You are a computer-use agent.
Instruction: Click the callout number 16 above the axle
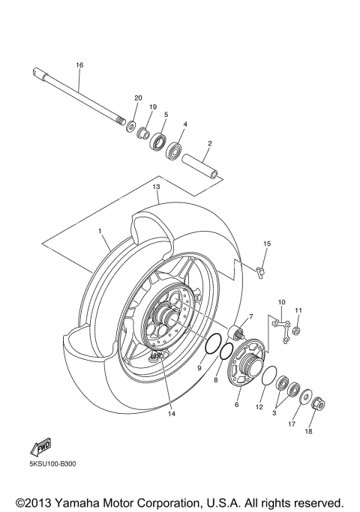[x=79, y=65]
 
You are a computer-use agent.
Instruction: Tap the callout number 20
[x=138, y=98]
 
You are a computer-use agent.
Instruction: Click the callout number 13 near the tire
[x=157, y=186]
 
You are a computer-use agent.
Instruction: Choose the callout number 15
[x=266, y=244]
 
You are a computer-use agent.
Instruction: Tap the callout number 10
[x=281, y=303]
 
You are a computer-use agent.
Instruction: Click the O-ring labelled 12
[x=271, y=378]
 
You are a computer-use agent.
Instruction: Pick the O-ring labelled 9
[x=213, y=346]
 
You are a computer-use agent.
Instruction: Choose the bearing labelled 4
[x=175, y=151]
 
